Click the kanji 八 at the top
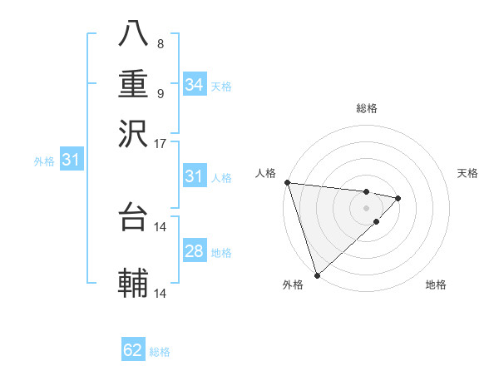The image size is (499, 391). point(133,34)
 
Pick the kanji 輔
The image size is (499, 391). point(133,283)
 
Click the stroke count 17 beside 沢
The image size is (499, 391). point(161,143)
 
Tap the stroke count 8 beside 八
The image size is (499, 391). point(161,44)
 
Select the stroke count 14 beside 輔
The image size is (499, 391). point(161,294)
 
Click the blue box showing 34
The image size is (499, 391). point(195,85)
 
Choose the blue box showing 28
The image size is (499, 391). point(195,251)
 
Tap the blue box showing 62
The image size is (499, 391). point(133,350)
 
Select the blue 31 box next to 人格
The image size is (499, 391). point(195,176)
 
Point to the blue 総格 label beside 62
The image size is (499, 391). point(161,351)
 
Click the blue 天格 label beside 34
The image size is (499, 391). point(221,86)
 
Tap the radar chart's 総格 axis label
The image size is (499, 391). point(367,108)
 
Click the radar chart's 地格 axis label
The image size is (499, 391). point(436,285)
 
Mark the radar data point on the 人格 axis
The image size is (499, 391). point(287,182)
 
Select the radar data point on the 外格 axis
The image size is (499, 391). point(318,275)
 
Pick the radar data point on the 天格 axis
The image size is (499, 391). point(398,198)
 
